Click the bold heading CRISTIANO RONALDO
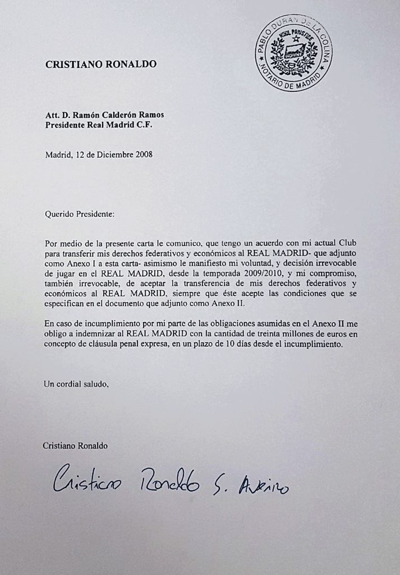point(101,65)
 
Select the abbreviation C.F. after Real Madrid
point(144,125)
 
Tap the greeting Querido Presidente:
point(79,214)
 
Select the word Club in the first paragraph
point(346,243)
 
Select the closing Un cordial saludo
point(76,384)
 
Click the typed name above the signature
point(75,445)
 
